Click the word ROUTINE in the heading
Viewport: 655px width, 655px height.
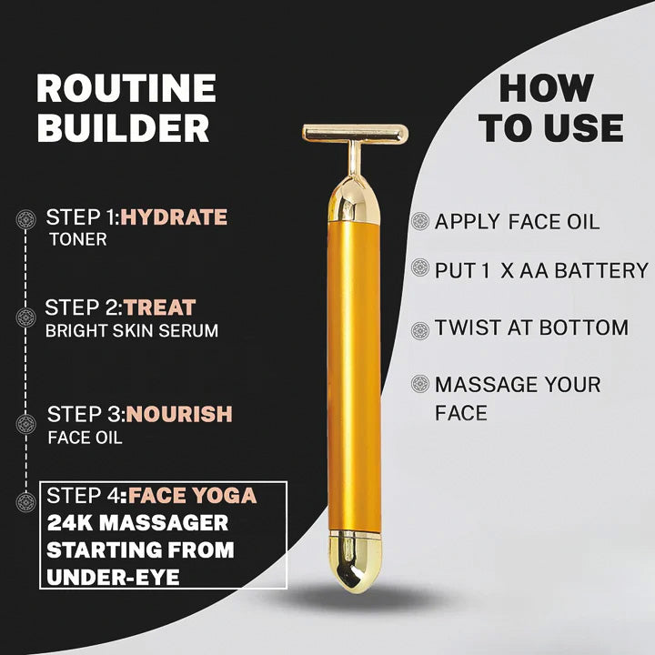click(126, 89)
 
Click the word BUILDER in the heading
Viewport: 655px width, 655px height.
click(123, 128)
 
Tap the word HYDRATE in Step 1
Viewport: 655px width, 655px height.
click(174, 217)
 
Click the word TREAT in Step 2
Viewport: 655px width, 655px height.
click(159, 307)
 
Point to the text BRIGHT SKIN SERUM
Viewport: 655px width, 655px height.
click(132, 330)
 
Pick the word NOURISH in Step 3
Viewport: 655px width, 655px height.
click(179, 414)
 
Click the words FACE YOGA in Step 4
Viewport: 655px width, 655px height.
click(192, 496)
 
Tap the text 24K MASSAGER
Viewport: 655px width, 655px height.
click(137, 523)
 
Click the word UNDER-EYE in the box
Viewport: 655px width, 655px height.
click(112, 578)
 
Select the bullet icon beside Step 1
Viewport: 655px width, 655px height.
click(26, 218)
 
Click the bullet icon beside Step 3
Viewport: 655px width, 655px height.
click(26, 424)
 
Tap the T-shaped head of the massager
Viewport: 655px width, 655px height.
click(355, 134)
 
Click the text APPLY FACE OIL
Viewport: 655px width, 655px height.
click(517, 222)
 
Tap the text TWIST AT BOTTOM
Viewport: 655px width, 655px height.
click(531, 327)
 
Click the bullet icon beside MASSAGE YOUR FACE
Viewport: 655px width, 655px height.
click(419, 384)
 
